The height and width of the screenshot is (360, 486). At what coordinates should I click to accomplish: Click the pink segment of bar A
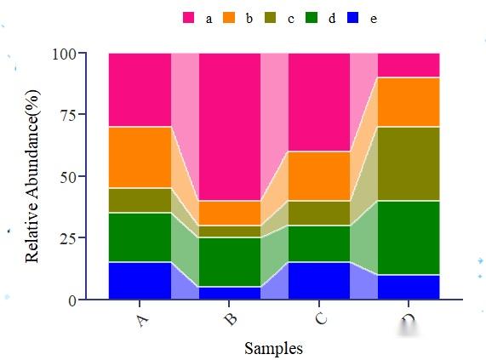(x=140, y=89)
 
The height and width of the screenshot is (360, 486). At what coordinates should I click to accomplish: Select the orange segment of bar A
(x=140, y=157)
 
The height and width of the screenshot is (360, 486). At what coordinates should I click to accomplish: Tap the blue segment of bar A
(x=140, y=281)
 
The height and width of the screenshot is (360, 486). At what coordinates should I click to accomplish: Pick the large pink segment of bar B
(x=230, y=127)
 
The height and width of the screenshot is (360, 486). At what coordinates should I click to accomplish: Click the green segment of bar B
(x=230, y=262)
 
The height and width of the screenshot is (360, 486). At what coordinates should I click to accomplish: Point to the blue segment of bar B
(x=230, y=293)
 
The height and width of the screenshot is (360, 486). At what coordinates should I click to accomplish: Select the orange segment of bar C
(x=319, y=176)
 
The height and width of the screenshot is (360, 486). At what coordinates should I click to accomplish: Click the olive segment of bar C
(x=319, y=213)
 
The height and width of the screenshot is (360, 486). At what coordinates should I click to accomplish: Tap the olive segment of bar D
(x=409, y=163)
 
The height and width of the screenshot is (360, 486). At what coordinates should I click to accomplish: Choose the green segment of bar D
(x=409, y=237)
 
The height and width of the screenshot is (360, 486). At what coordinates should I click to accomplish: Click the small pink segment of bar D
(x=409, y=65)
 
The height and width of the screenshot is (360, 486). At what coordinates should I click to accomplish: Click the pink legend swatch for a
(x=189, y=18)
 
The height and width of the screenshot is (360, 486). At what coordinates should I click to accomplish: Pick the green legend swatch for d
(x=312, y=18)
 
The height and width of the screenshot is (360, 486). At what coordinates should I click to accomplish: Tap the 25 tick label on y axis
(x=67, y=238)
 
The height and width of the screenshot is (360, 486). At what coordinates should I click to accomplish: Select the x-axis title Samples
(x=273, y=347)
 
